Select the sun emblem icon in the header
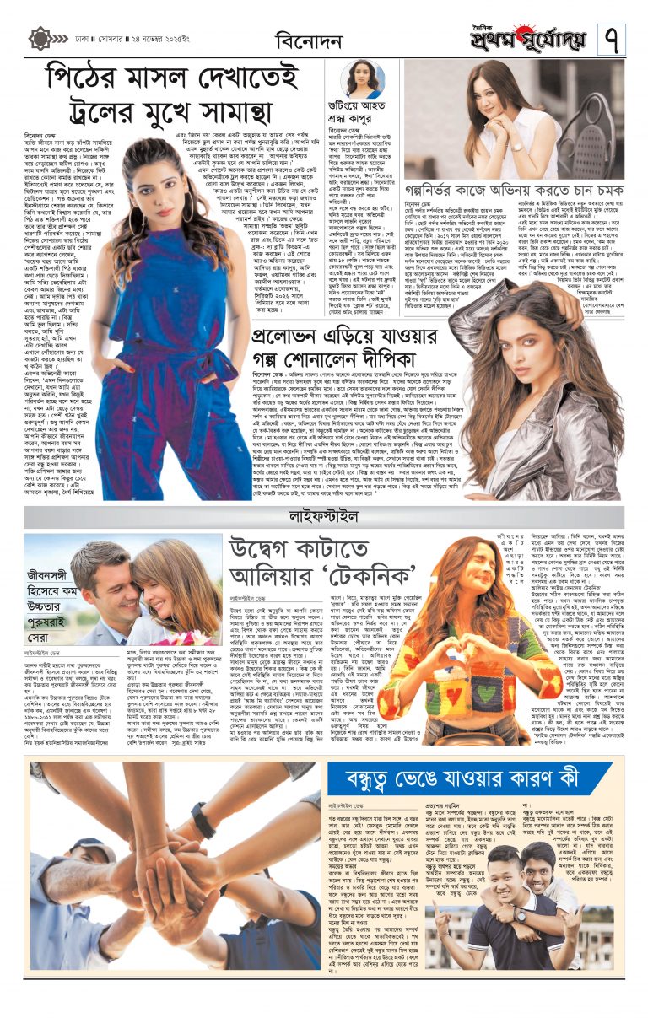click(x=40, y=39)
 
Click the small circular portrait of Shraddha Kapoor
click(x=364, y=79)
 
